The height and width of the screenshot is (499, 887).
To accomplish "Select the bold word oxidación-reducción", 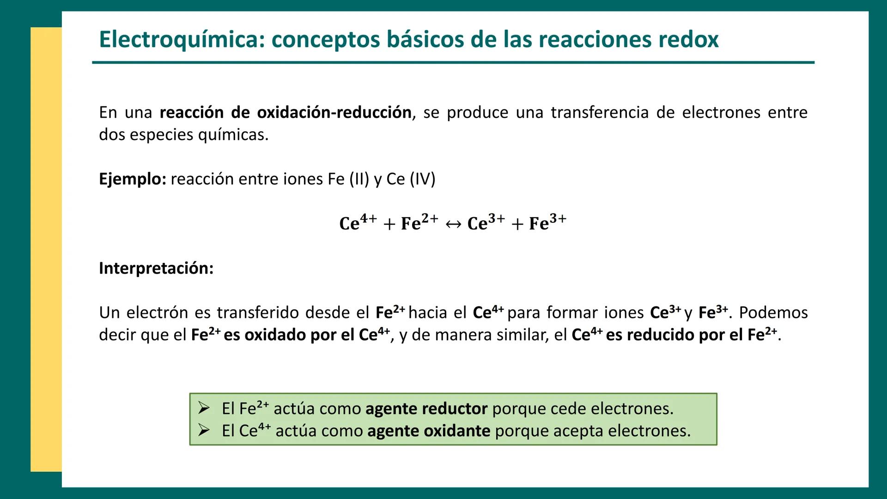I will tap(334, 112).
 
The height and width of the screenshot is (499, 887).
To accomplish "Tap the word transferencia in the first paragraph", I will tap(600, 112).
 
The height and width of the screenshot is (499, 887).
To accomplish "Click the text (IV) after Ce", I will tap(422, 179).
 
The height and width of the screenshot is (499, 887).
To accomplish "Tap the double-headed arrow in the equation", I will tap(453, 224).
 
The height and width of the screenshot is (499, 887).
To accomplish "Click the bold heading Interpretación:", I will tap(156, 268).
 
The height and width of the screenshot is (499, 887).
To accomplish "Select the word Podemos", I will tap(773, 313).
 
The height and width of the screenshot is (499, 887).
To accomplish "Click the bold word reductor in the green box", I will tap(455, 409).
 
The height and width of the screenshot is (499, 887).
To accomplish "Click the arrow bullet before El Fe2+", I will tap(204, 408).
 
